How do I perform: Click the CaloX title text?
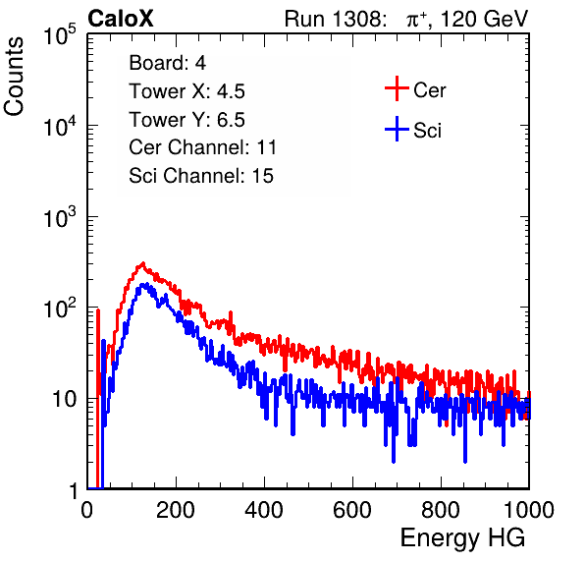(120, 19)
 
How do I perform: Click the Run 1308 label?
(335, 19)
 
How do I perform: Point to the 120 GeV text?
(484, 19)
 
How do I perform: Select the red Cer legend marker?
(397, 88)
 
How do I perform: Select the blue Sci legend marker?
(397, 130)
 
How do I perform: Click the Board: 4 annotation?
(167, 63)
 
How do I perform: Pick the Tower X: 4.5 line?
(186, 91)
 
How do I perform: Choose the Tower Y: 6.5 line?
(186, 120)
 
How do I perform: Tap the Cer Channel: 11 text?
(202, 147)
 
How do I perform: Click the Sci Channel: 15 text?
(201, 176)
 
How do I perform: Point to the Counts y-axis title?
(14, 77)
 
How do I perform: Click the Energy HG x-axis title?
(462, 538)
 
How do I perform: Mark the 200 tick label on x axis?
(176, 510)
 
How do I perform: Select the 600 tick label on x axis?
(352, 510)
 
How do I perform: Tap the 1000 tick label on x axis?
(529, 510)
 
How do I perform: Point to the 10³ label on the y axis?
(60, 217)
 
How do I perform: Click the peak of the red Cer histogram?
(142, 263)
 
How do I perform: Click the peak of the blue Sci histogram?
(144, 285)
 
